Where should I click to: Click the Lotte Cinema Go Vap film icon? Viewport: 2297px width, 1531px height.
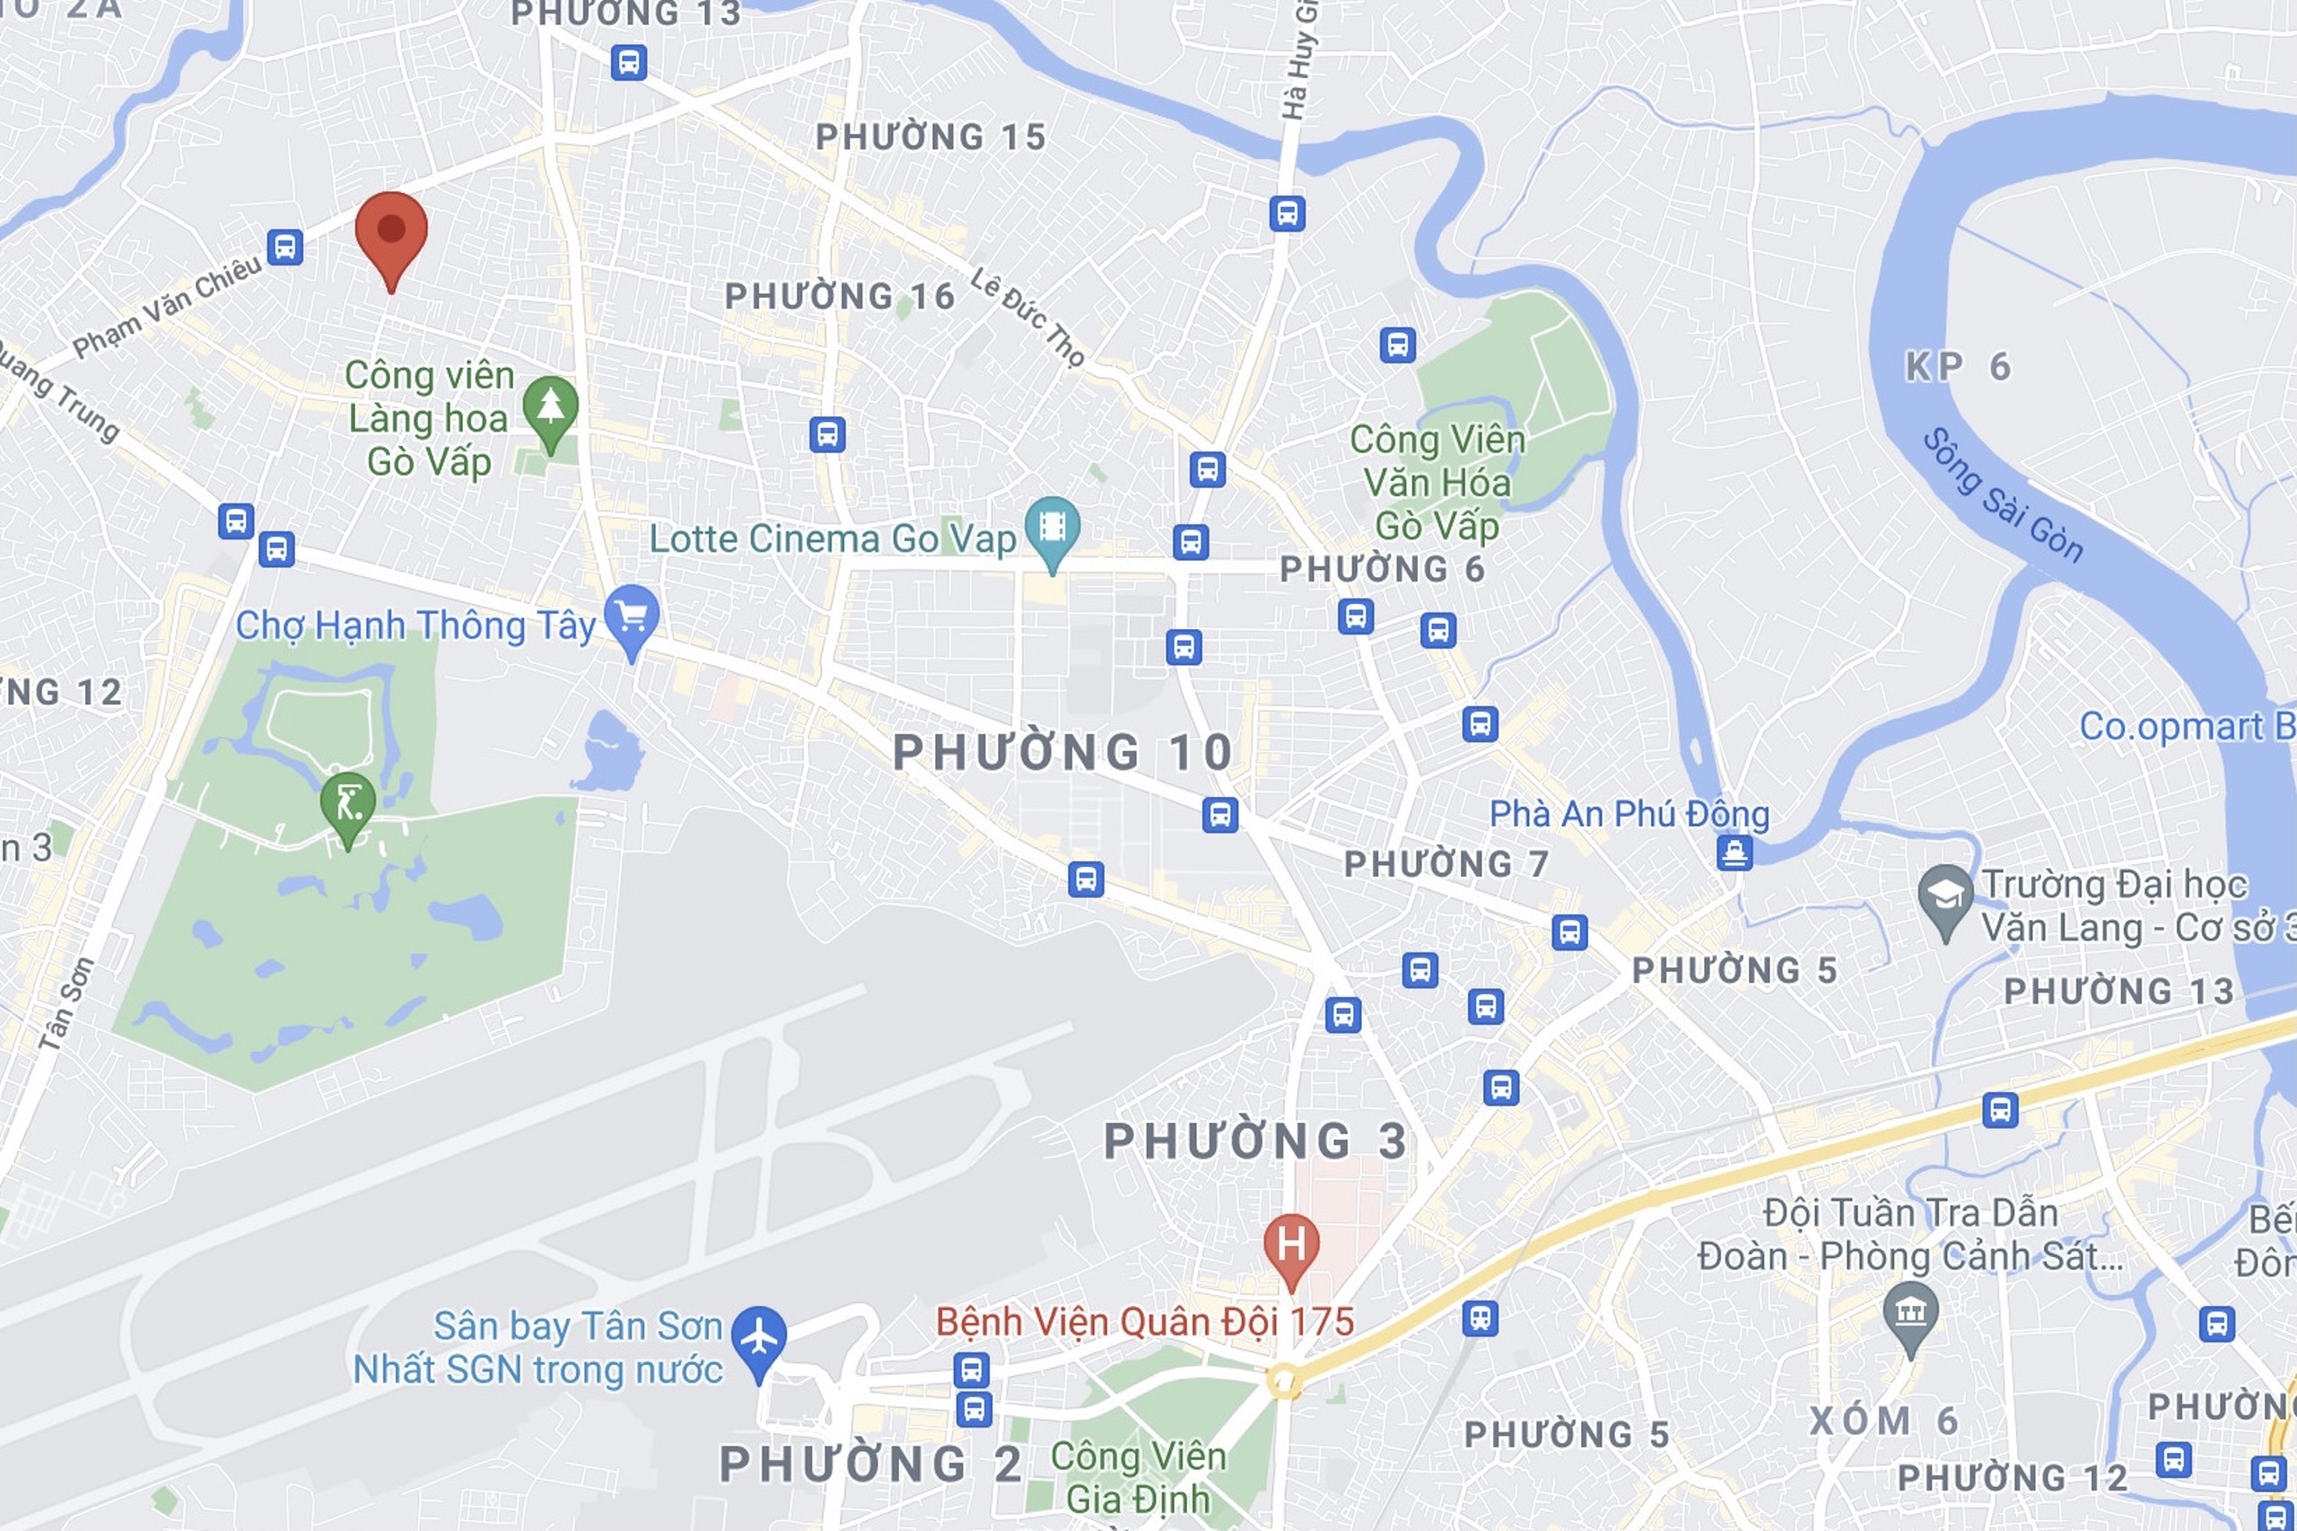1052,529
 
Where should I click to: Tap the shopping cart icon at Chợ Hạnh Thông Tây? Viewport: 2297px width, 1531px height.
631,617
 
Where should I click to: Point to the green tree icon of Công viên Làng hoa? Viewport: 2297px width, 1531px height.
551,407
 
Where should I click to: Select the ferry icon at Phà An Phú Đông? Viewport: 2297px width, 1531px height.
1734,853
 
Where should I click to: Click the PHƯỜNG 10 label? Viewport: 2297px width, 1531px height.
1063,753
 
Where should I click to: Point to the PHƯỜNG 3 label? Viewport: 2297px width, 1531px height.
1255,1142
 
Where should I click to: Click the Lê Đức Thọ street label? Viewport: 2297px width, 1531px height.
1027,319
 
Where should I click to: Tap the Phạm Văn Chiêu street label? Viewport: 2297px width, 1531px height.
168,307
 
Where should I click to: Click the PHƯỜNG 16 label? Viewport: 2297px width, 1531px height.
840,296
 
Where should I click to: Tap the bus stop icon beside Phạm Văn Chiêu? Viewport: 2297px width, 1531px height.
284,247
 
